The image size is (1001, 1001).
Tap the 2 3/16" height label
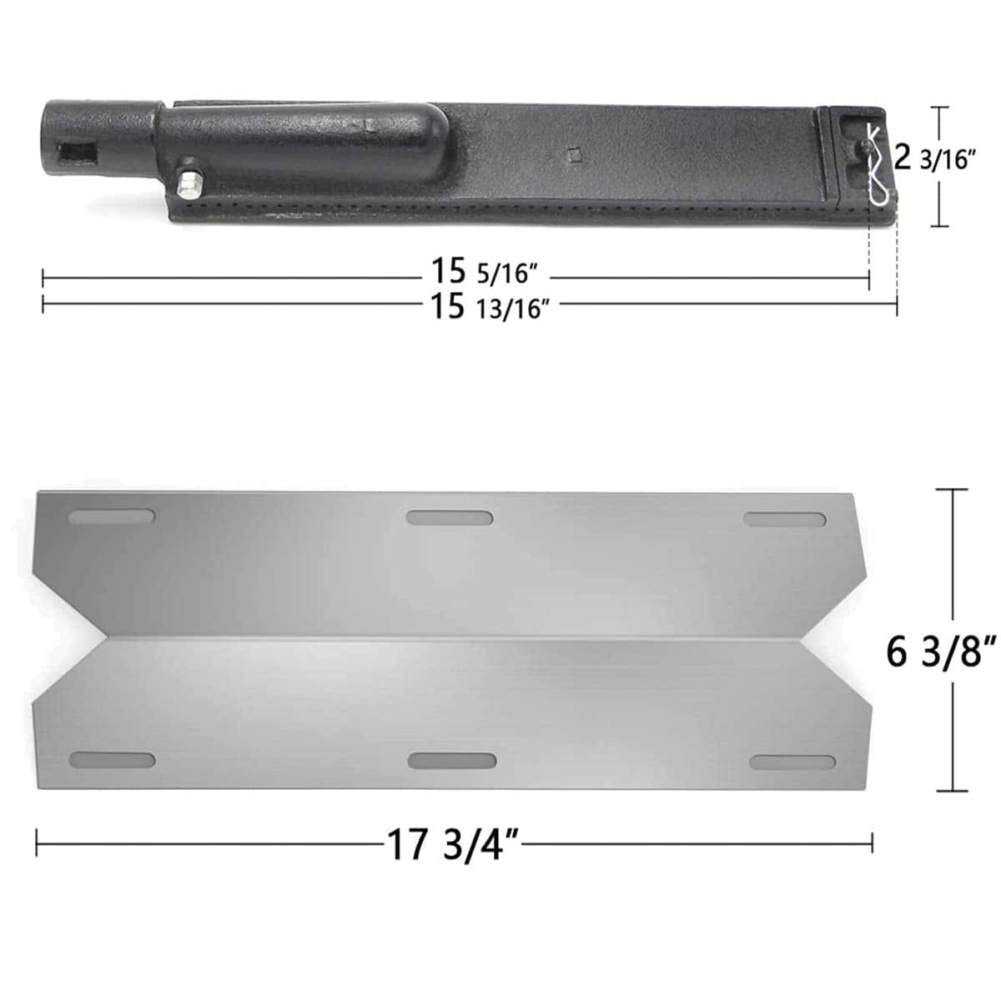[932, 158]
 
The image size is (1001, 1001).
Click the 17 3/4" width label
[453, 845]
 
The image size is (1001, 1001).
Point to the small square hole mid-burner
[572, 155]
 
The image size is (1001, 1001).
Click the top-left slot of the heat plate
[112, 517]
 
